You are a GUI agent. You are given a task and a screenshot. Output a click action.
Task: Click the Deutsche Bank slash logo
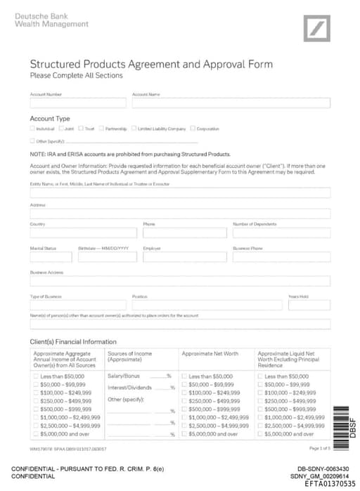(316, 28)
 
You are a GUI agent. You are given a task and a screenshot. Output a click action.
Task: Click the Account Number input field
(77, 103)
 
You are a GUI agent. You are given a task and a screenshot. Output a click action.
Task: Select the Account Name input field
(231, 103)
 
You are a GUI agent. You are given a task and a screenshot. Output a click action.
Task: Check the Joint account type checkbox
(61, 129)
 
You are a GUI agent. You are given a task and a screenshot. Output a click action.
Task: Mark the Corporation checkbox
(192, 129)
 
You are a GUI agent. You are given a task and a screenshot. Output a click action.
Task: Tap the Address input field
(180, 214)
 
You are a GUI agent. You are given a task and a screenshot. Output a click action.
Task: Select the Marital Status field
(51, 257)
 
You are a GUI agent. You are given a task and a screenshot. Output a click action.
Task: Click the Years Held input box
(309, 306)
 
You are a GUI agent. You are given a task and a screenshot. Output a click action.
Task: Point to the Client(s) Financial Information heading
(73, 342)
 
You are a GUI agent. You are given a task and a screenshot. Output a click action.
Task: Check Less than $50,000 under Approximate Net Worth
(185, 377)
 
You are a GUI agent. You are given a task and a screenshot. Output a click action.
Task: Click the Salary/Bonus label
(124, 377)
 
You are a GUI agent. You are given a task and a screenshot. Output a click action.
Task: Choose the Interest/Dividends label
(129, 387)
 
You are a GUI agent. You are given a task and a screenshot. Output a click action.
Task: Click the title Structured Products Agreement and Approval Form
(151, 65)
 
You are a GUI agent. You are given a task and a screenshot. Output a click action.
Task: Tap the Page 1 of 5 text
(319, 447)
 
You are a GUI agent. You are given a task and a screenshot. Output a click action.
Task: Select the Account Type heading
(50, 119)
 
